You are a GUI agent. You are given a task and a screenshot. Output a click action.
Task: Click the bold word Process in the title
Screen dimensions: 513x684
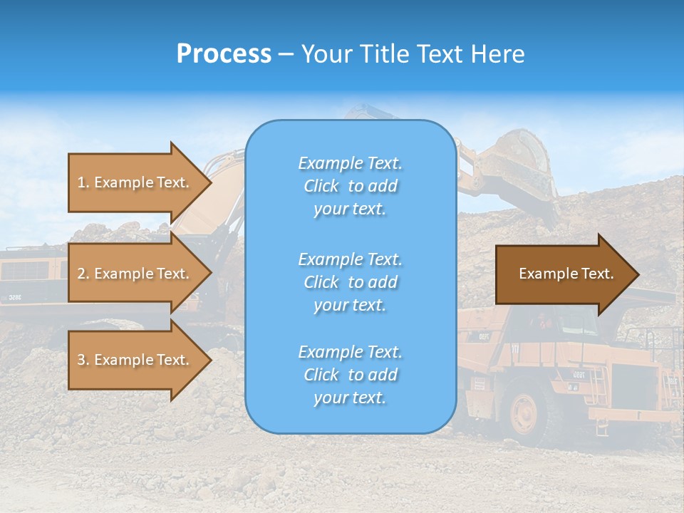224,54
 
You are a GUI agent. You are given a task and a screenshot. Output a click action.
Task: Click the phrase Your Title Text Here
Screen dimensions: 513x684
413,54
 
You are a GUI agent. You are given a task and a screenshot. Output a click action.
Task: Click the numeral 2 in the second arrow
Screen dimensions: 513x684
82,274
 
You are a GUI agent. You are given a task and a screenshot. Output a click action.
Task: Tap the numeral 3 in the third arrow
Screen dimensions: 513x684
82,360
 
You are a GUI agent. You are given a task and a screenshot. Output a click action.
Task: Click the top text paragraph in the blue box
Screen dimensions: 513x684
350,186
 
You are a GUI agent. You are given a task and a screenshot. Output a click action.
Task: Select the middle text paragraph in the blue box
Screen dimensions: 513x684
350,282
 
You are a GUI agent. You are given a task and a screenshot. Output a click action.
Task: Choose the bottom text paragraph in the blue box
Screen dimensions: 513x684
350,375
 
